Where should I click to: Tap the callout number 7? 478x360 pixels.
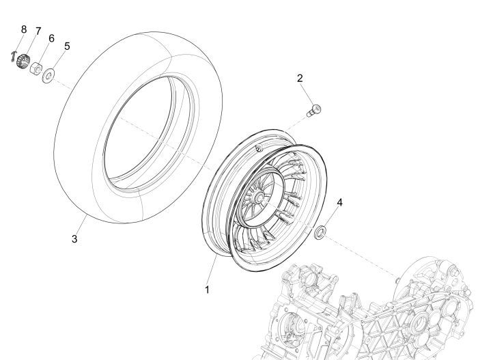pos(38,31)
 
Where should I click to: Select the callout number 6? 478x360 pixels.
pos(51,38)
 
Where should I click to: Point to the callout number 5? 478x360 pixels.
pos(67,46)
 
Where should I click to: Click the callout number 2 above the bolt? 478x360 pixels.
pos(300,79)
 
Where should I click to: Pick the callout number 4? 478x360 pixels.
pos(340,202)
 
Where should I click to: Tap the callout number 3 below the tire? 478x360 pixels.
pos(75,239)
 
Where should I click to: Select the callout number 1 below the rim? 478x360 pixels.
pos(206,289)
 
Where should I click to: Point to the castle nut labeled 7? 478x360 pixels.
pos(27,61)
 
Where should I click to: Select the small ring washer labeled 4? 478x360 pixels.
pos(319,233)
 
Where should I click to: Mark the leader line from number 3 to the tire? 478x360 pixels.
pos(81,224)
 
